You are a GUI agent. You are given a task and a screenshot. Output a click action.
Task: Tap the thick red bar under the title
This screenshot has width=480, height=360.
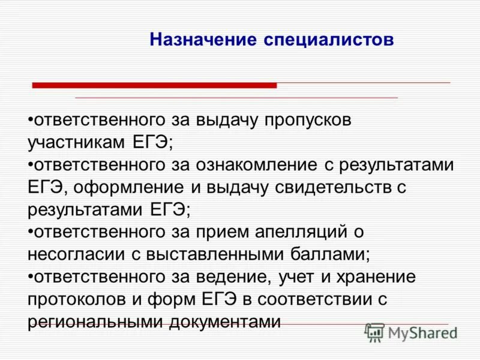[154, 86]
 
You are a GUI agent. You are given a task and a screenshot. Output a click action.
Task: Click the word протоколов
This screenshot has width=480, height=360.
[82, 299]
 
